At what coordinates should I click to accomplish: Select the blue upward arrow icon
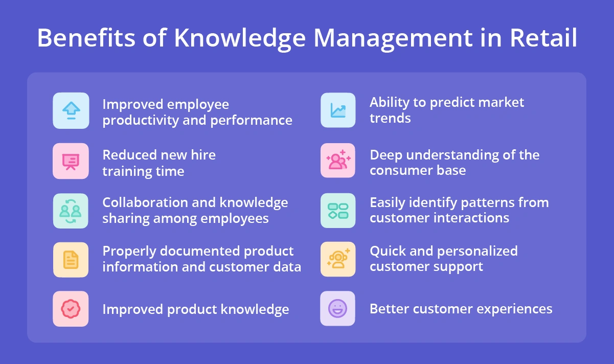(x=71, y=110)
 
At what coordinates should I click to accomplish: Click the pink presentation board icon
(x=71, y=161)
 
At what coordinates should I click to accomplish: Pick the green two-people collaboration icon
(x=71, y=211)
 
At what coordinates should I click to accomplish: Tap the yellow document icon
(x=71, y=260)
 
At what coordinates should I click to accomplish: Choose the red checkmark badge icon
(x=71, y=308)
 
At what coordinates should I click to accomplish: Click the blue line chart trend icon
(x=338, y=110)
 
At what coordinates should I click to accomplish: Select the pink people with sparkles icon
(x=338, y=161)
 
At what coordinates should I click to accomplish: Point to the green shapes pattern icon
(x=338, y=211)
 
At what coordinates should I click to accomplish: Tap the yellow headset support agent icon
(x=338, y=259)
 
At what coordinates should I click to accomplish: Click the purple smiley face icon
(x=338, y=308)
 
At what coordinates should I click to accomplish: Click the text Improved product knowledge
(x=196, y=309)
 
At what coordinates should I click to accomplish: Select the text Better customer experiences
(x=461, y=309)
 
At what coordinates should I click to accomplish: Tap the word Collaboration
(x=144, y=202)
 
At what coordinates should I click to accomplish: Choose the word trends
(x=390, y=118)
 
